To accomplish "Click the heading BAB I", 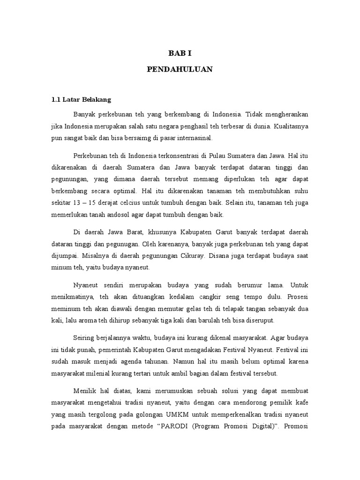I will point(180,53).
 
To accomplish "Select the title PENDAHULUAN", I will point(180,69).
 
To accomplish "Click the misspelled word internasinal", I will point(194,138).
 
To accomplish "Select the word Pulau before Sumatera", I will point(225,155).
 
